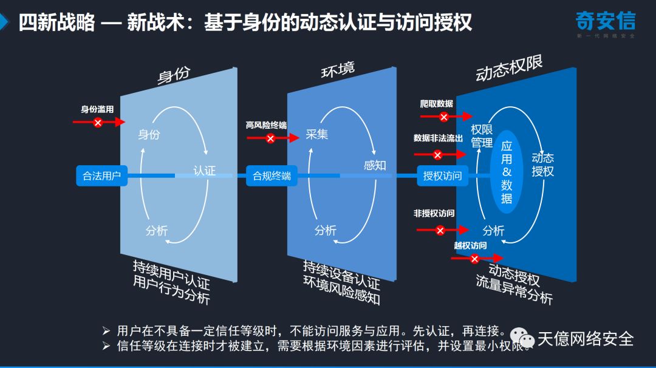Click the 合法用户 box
[101, 176]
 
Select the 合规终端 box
[272, 176]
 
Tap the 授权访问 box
[442, 176]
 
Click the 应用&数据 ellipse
[507, 171]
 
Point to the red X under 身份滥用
[98, 123]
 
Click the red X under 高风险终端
[270, 138]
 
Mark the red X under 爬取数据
[444, 117]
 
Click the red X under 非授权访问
[440, 230]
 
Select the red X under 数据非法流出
[437, 155]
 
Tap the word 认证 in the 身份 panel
[204, 171]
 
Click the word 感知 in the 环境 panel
[375, 165]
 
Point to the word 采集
[316, 134]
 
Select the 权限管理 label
[482, 137]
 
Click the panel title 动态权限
[509, 69]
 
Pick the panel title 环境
[338, 70]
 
